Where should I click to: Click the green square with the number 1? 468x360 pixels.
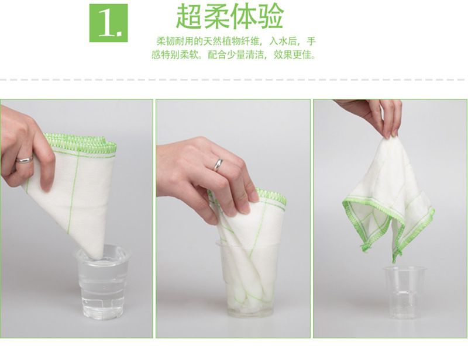108,23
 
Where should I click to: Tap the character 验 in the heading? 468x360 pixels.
270,16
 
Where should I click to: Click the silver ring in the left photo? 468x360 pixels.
25,160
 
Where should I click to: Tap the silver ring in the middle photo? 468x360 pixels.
218,165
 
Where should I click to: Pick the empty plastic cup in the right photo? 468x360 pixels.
405,292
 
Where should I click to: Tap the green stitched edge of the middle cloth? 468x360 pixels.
271,197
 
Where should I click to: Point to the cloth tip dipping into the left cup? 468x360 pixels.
95,254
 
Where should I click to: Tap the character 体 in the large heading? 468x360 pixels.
243,16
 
